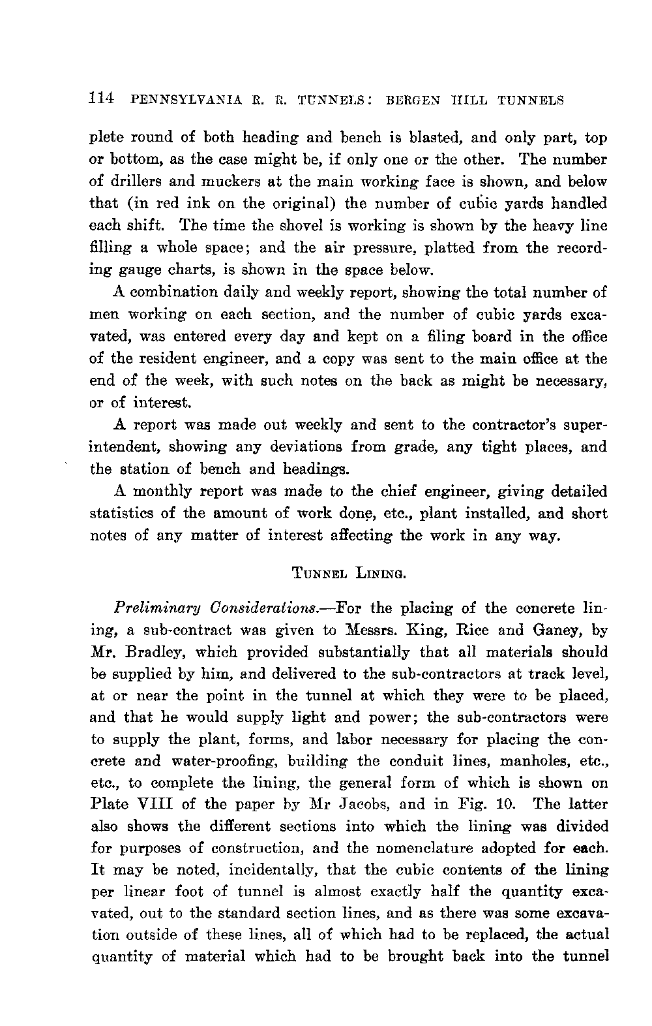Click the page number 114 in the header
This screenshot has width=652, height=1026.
(x=102, y=99)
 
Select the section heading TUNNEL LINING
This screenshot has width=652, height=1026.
(x=349, y=574)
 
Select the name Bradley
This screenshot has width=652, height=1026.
(x=143, y=652)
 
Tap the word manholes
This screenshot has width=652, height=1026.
(x=528, y=760)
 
